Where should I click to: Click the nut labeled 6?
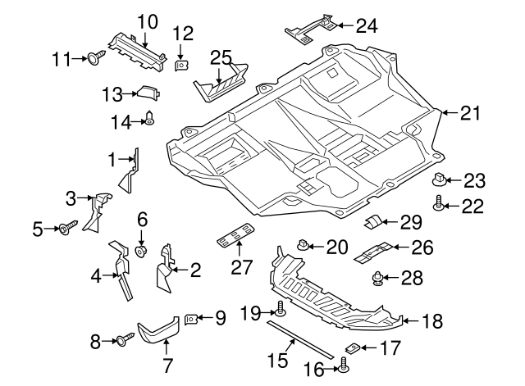(x=140, y=249)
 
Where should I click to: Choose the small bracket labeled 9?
(x=190, y=318)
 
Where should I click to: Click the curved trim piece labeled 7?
(x=158, y=330)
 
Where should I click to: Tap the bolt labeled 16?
(x=344, y=368)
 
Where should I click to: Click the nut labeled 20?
(x=303, y=244)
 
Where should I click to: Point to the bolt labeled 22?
(x=441, y=206)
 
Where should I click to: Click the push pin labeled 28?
(x=378, y=278)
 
